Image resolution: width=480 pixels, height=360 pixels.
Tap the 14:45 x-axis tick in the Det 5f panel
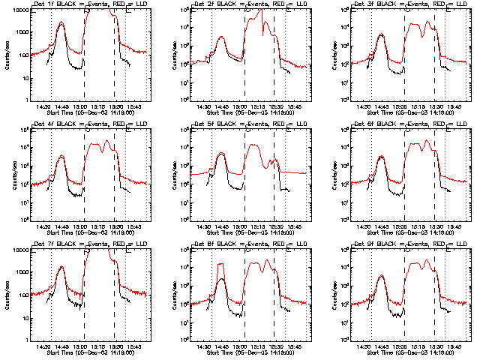point(222,227)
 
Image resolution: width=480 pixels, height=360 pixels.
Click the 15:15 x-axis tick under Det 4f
point(98,227)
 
